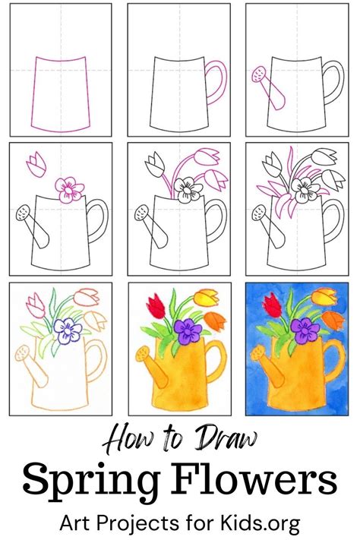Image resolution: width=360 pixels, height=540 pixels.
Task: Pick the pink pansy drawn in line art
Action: coord(69,187)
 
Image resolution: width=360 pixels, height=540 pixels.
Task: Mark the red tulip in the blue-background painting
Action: coord(270,307)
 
